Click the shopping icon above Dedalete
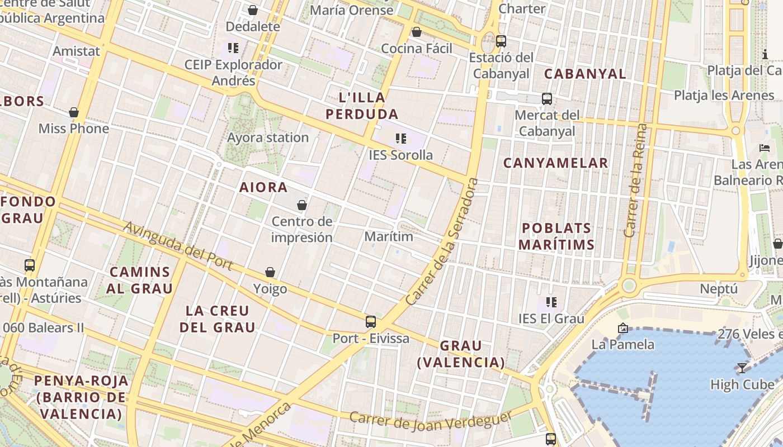[253, 10]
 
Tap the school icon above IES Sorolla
[400, 138]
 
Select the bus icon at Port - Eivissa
[371, 321]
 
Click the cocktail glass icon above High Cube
[742, 368]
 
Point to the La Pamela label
[622, 344]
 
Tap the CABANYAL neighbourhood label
[585, 74]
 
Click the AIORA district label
[263, 187]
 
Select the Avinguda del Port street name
[178, 246]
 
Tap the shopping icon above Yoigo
[270, 272]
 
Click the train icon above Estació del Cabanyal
[501, 41]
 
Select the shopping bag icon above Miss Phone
[74, 112]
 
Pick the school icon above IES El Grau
[551, 302]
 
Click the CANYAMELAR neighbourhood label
[555, 163]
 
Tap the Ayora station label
[268, 137]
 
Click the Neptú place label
[719, 289]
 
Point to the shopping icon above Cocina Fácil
[416, 32]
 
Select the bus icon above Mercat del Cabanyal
[547, 99]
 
